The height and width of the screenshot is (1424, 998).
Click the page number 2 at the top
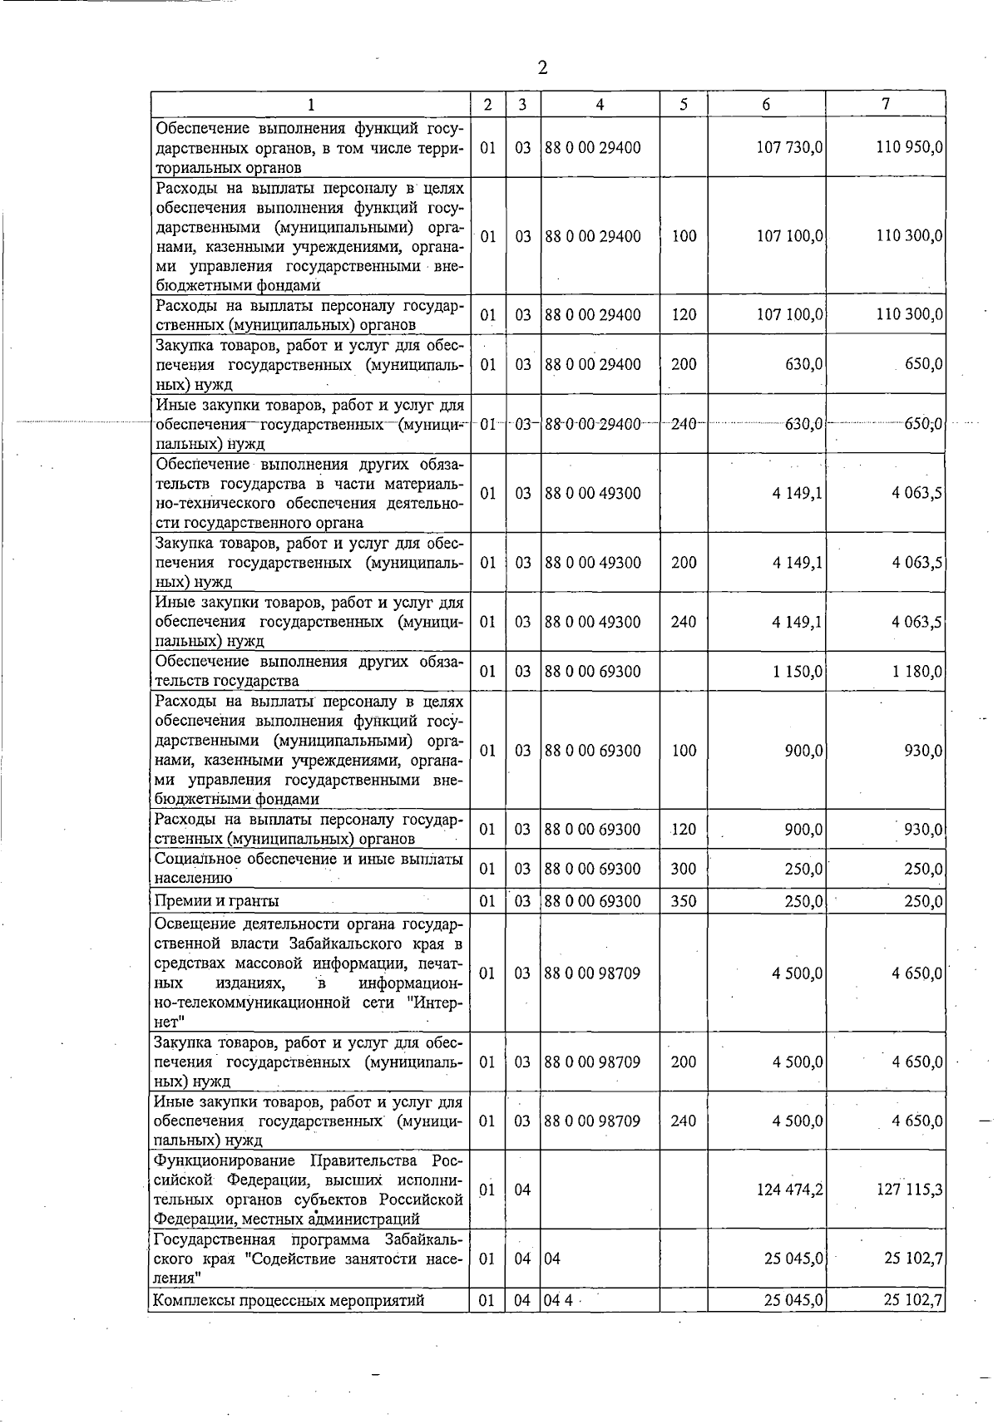(x=542, y=67)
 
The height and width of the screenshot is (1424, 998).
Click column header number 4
(x=600, y=104)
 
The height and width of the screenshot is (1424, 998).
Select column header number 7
(x=886, y=104)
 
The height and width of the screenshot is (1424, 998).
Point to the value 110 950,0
(x=909, y=147)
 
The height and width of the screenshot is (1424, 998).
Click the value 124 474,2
(x=790, y=1190)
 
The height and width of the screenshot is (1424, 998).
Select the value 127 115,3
(x=909, y=1190)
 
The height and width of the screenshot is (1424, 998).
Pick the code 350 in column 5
(x=683, y=901)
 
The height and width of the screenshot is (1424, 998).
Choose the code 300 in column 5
(x=683, y=869)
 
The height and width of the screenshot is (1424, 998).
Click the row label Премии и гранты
(x=217, y=901)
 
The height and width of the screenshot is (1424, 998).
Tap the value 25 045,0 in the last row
(x=794, y=1300)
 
